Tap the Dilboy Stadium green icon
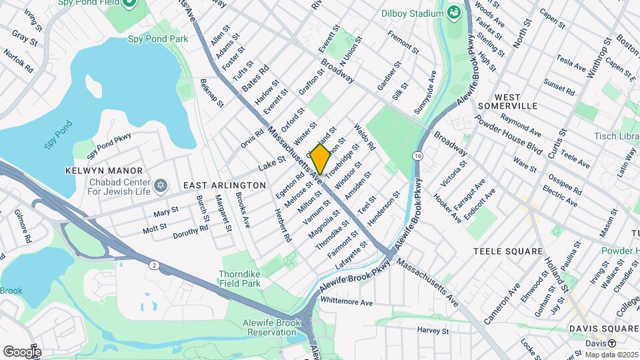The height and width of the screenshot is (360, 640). click(x=454, y=12)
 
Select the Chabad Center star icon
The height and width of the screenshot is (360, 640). click(x=160, y=184)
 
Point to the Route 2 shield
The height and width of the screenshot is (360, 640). click(x=155, y=265)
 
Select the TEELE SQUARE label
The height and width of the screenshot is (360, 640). click(x=508, y=251)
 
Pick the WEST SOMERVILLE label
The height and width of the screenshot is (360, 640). click(x=517, y=101)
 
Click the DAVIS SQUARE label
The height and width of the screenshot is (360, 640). click(x=603, y=329)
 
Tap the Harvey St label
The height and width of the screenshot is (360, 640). click(x=434, y=330)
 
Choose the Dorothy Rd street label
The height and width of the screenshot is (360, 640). click(x=191, y=231)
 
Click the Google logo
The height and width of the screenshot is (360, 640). click(x=22, y=351)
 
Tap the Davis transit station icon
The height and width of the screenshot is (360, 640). click(x=611, y=343)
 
